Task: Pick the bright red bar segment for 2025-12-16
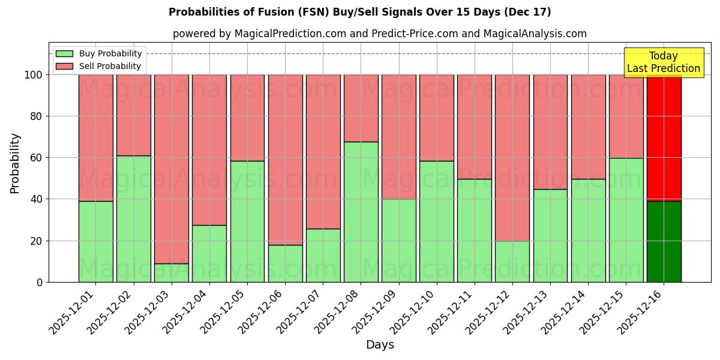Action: (x=664, y=138)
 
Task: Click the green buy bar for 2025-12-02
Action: (x=134, y=219)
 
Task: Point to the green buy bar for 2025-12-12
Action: (x=512, y=261)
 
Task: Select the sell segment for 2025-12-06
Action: (x=285, y=160)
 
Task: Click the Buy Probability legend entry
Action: (x=98, y=54)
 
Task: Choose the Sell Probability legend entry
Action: (x=98, y=67)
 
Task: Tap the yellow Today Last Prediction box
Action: (x=663, y=62)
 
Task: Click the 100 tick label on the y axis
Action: (x=34, y=75)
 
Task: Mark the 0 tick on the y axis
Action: (x=40, y=283)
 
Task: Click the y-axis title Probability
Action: (x=15, y=163)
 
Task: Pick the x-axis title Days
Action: (x=380, y=345)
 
